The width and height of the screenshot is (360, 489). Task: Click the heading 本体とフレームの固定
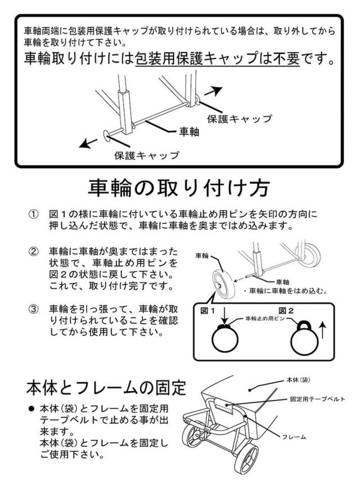(106, 388)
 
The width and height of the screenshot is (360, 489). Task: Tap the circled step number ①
(33, 214)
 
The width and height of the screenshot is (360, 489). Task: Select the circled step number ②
(33, 252)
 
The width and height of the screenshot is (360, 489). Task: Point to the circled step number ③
(33, 309)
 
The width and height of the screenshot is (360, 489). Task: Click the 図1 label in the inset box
(208, 311)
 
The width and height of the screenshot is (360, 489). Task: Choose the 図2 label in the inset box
(286, 311)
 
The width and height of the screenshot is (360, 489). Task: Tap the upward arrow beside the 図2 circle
(323, 331)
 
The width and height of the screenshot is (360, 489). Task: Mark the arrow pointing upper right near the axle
(213, 91)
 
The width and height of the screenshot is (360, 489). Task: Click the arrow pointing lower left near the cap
(88, 143)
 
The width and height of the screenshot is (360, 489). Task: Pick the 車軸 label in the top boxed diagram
(189, 132)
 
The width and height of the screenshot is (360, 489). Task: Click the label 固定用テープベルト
(318, 399)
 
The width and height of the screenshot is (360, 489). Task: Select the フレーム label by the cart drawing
(294, 437)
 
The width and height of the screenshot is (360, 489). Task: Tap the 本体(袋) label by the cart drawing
(299, 380)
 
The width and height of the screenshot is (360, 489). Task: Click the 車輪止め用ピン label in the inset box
(265, 319)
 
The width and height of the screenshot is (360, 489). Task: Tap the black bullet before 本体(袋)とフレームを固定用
(31, 409)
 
